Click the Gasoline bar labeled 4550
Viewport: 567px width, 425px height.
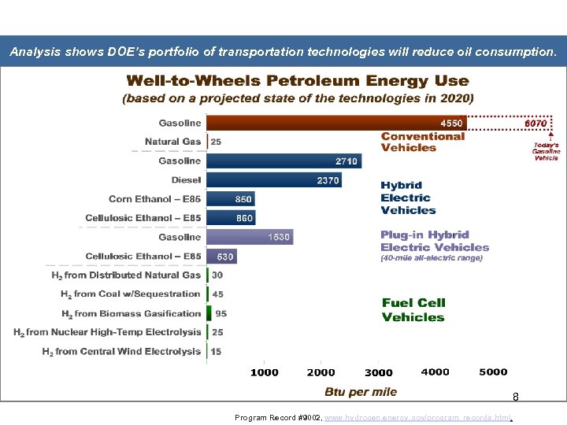[x=336, y=123]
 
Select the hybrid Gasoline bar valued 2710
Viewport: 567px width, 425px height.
[x=283, y=161]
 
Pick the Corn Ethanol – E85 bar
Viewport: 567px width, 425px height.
[x=231, y=199]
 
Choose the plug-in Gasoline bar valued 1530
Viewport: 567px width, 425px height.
[x=250, y=237]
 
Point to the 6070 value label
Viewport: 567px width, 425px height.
[x=535, y=123]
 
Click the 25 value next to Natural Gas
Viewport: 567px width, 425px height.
[x=216, y=142]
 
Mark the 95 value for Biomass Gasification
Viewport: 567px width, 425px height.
[x=220, y=313]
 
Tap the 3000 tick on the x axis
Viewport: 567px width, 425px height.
[x=379, y=372]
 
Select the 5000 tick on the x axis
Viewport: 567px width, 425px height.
[x=493, y=372]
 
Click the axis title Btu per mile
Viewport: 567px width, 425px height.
[x=361, y=392]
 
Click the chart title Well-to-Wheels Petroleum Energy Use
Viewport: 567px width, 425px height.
[x=298, y=81]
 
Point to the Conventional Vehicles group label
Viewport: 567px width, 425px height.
[x=423, y=142]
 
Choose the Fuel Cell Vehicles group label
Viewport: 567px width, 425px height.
[x=413, y=309]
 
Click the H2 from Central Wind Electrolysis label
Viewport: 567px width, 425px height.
[x=121, y=352]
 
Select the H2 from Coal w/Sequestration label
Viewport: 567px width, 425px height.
[x=130, y=294]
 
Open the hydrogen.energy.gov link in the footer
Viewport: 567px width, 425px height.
[x=417, y=417]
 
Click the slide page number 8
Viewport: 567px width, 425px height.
[x=515, y=397]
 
